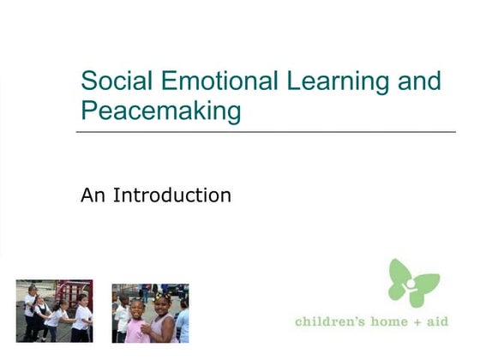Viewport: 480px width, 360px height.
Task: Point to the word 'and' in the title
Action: pos(420,81)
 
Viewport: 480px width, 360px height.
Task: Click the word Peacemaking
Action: pos(160,111)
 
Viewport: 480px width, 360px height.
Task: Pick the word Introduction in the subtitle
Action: pos(172,195)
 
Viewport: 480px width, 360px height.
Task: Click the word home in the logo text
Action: pos(388,321)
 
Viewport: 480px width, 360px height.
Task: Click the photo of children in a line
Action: pos(54,310)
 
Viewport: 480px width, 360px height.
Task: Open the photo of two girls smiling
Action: pos(150,313)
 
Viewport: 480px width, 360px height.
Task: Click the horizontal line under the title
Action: pos(266,132)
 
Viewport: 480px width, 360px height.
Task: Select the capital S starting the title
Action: pos(87,81)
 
